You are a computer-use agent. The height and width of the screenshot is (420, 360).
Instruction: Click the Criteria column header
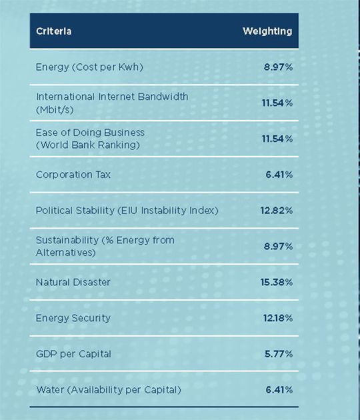pyautogui.click(x=53, y=31)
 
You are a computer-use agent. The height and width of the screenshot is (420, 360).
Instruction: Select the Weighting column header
pyautogui.click(x=267, y=31)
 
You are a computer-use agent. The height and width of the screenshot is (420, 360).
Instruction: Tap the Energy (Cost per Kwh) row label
pyautogui.click(x=89, y=67)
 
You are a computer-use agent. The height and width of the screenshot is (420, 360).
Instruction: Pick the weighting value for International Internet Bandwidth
pyautogui.click(x=276, y=103)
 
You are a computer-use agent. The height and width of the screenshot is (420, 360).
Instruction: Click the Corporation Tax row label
pyautogui.click(x=73, y=175)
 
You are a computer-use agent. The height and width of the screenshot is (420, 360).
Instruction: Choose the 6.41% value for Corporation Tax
pyautogui.click(x=279, y=175)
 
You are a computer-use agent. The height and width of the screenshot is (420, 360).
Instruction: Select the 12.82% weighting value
pyautogui.click(x=276, y=211)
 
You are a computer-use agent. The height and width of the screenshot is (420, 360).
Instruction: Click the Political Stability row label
pyautogui.click(x=127, y=211)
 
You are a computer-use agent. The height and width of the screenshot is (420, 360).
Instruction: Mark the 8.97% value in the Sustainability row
pyautogui.click(x=278, y=247)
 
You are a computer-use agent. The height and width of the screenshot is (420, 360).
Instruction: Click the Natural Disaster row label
pyautogui.click(x=73, y=282)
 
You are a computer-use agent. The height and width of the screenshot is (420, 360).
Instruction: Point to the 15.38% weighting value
pyautogui.click(x=276, y=282)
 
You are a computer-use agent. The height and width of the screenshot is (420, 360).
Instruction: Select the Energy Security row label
pyautogui.click(x=73, y=318)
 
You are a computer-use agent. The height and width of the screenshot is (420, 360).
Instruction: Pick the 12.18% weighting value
pyautogui.click(x=276, y=318)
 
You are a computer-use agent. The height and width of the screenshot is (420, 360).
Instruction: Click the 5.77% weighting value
pyautogui.click(x=279, y=353)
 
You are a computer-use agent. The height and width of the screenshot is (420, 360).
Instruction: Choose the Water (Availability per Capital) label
pyautogui.click(x=108, y=389)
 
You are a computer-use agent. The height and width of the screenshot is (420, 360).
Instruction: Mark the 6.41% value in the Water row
pyautogui.click(x=279, y=389)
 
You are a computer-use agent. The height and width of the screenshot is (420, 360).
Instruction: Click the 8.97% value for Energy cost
pyautogui.click(x=278, y=67)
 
